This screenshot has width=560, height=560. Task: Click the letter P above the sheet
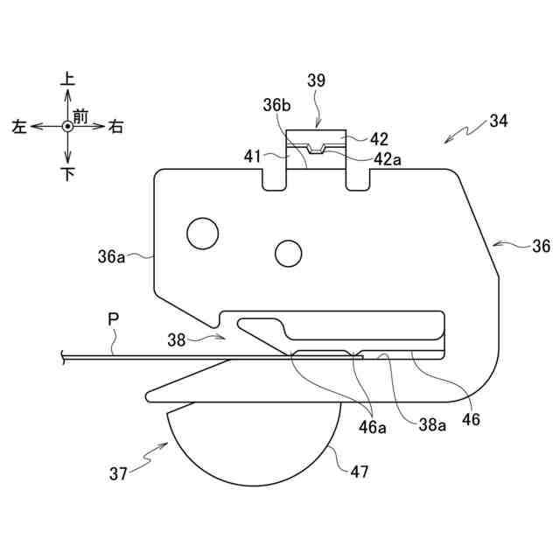pos(113,320)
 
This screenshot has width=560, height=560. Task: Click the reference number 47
pos(359,472)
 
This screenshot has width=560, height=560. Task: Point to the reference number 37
pos(119,474)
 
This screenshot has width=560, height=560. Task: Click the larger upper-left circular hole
pos(201,233)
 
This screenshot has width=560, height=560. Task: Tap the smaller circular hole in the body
pos(288,253)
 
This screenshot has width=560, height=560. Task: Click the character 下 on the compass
pos(67,174)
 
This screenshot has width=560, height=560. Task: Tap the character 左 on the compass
pos(19,127)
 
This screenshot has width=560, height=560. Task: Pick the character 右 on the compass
pos(115,127)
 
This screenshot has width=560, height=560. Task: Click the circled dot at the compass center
pos(67,127)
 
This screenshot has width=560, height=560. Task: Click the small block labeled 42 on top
pos(318,139)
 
